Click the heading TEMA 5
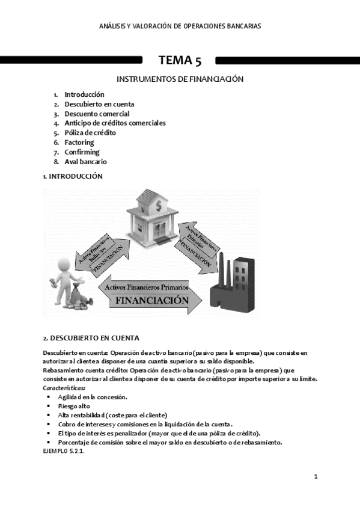pos(180,60)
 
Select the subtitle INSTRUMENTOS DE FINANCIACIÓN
pos(180,79)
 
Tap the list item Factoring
pos(79,143)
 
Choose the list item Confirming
pos(82,152)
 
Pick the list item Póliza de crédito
pos(90,133)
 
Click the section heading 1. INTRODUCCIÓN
pos(72,176)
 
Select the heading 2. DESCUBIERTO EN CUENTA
pos(91,337)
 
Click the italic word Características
pos(64,388)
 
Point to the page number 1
pos(316,476)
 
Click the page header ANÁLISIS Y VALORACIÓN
pos(180,26)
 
